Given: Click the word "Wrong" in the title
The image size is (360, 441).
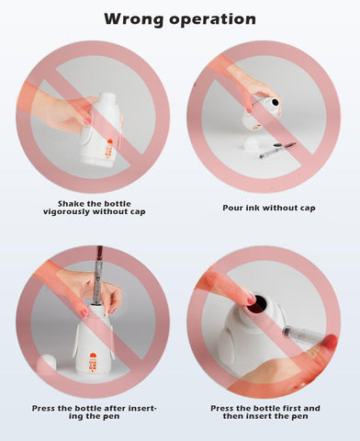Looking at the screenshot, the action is coord(134,19).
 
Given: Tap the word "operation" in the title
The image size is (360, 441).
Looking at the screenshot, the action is coord(213,20).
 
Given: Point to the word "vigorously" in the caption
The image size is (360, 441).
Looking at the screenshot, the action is coord(66,212).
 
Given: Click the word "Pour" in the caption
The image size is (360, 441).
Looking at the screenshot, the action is coord(231,208).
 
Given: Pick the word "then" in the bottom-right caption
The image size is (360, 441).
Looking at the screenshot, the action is coord(233,416).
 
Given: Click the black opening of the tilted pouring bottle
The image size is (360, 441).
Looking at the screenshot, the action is coord(276,102).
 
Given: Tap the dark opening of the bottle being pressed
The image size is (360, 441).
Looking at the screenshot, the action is coord(258,304).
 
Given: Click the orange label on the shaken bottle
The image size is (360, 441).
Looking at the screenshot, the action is coord(109,149).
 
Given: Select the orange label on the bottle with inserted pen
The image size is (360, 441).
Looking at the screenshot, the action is coord(93,363).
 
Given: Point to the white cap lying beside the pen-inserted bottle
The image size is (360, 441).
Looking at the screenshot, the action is coord(47,364).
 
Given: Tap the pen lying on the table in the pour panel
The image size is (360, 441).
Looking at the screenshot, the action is coord(278,150).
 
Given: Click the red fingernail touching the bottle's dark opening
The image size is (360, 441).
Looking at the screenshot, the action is coord(252,300).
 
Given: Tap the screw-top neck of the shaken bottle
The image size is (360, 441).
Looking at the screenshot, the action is coord(108,98).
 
